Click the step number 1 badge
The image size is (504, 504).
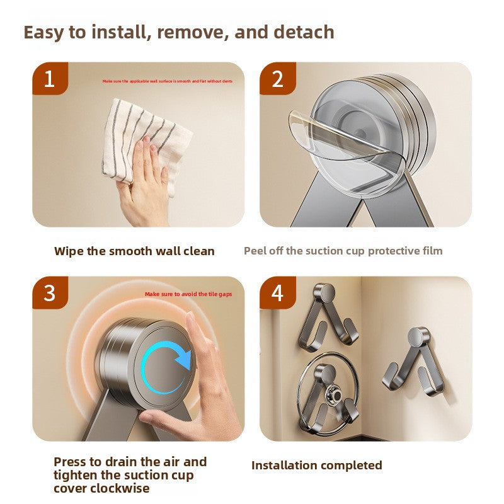pos(50,78)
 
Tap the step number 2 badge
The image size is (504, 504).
pos(278,78)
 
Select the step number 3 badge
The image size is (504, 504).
pos(50,292)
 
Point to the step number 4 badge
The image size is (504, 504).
pos(278,292)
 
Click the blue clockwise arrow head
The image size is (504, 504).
pos(184,358)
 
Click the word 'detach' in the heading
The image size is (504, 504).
pos(304,32)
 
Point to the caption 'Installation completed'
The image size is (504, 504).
pos(317,466)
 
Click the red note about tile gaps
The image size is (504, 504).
pos(188,294)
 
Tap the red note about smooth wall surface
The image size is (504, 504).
pos(168,81)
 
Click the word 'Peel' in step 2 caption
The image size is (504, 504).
pos(255,251)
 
